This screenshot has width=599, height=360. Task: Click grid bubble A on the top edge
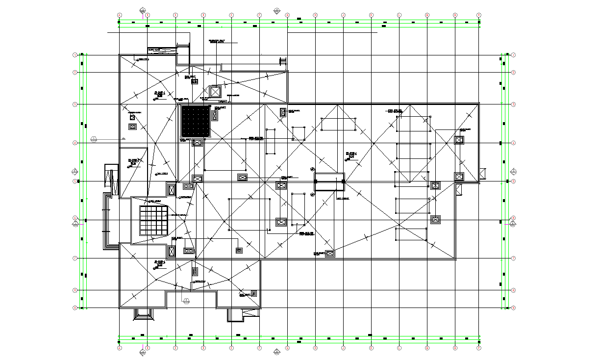pos(119,15)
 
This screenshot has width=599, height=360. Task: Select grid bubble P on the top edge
pos(479,15)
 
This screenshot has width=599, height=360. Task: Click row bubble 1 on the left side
pos(75,55)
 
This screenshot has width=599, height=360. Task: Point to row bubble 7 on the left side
pos(75,258)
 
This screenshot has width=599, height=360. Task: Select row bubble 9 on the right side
pos(513,308)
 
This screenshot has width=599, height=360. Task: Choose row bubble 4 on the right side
pos(513,143)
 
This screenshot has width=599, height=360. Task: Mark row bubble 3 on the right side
pos(513,104)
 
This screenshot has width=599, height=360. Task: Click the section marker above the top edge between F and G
pos(277,10)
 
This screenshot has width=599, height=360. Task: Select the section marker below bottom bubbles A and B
pos(143,350)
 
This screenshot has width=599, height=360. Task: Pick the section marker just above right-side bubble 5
pos(513,172)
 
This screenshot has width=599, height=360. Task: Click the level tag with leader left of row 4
pos(94,140)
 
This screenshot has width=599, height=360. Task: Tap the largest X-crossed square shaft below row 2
pos(215,92)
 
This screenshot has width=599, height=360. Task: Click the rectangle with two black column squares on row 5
pos(329,181)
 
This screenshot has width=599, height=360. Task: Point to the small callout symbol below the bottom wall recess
pos(186,299)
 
